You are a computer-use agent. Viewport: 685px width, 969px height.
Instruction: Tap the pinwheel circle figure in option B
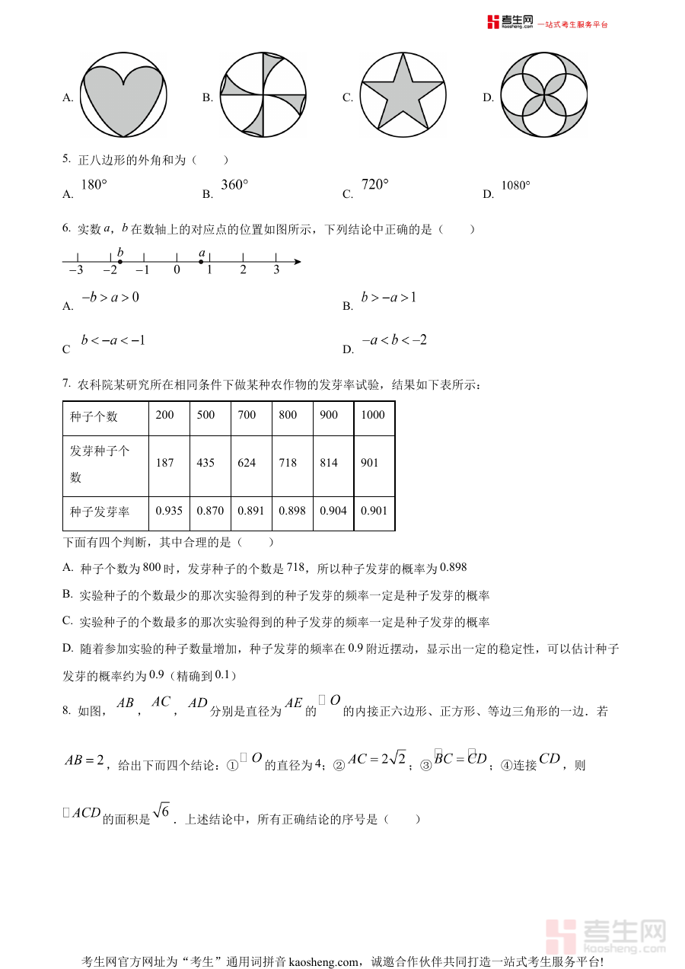[263, 94]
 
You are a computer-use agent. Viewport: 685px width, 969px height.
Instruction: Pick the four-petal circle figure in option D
[544, 94]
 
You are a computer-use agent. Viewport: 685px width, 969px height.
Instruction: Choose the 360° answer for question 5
[235, 185]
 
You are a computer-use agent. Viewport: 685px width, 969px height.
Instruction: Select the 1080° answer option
[516, 185]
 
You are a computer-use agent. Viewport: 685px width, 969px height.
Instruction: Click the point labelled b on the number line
[120, 262]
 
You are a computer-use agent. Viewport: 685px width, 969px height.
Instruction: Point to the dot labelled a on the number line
[201, 262]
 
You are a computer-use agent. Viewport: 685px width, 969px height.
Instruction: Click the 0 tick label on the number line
[177, 270]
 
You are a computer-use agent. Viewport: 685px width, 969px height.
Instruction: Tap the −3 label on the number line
[75, 270]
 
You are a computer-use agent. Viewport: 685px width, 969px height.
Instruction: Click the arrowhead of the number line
[298, 262]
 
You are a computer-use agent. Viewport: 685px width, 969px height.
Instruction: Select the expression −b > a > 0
[110, 297]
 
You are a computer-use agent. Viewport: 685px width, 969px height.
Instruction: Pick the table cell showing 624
[247, 463]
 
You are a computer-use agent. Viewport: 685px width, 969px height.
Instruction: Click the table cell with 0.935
[169, 511]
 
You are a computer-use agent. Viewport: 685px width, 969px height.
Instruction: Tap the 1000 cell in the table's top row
[373, 415]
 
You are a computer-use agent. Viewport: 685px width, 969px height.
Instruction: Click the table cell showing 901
[370, 463]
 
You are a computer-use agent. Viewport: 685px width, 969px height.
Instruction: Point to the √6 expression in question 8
[161, 812]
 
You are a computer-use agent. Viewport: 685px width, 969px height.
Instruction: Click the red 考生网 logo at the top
[511, 22]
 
